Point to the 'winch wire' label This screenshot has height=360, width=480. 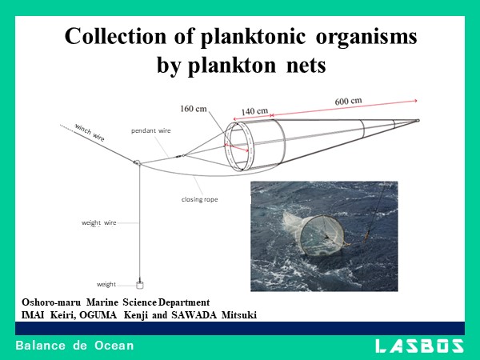click(90, 131)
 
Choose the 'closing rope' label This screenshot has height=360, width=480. click(199, 198)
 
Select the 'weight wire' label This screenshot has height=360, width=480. click(99, 222)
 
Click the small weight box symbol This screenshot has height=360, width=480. click(140, 283)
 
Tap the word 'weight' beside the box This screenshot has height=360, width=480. click(106, 283)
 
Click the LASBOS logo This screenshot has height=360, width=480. click(420, 346)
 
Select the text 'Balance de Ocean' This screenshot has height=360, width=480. click(74, 346)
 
